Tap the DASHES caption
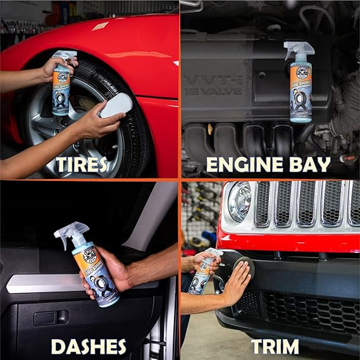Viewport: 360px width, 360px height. (89, 346)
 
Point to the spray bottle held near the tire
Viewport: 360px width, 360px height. (62, 85)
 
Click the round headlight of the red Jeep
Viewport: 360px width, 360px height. (240, 202)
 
